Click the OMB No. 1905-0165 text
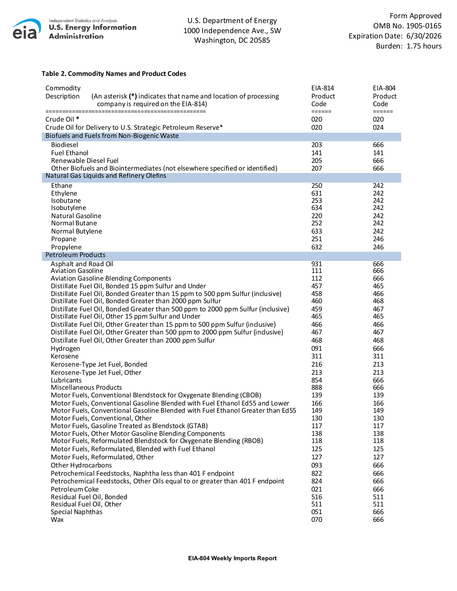(x=407, y=26)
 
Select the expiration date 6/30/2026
(x=424, y=36)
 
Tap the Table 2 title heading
(x=114, y=74)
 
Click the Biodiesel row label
(x=64, y=145)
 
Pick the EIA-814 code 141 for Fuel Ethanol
(x=317, y=153)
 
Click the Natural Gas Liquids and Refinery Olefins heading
(x=106, y=176)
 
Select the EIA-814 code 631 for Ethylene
(x=317, y=193)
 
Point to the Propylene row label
(x=66, y=247)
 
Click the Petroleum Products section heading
(x=76, y=255)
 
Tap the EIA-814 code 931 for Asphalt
(x=317, y=264)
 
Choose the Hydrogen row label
(x=65, y=348)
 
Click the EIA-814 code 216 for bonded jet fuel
(x=317, y=364)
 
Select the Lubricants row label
(x=66, y=380)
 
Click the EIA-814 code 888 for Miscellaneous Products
(x=317, y=387)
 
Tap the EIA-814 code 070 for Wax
(x=317, y=519)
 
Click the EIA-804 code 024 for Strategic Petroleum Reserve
(x=378, y=127)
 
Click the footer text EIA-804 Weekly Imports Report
(x=232, y=558)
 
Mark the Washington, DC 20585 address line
(x=232, y=40)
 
